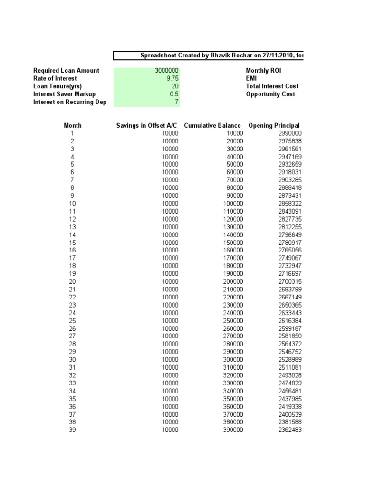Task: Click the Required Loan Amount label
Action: [66, 71]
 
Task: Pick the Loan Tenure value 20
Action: [174, 86]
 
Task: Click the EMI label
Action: [251, 78]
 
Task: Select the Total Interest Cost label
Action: [272, 86]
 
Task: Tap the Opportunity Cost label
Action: [270, 94]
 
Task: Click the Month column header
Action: [72, 126]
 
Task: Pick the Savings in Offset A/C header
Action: [147, 126]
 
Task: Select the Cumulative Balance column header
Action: [212, 126]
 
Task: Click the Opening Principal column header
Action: [274, 126]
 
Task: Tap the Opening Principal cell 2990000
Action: [290, 133]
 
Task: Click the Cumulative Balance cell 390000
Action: [233, 430]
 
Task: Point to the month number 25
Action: [72, 321]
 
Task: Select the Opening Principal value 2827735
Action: [290, 219]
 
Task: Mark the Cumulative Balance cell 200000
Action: [233, 281]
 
